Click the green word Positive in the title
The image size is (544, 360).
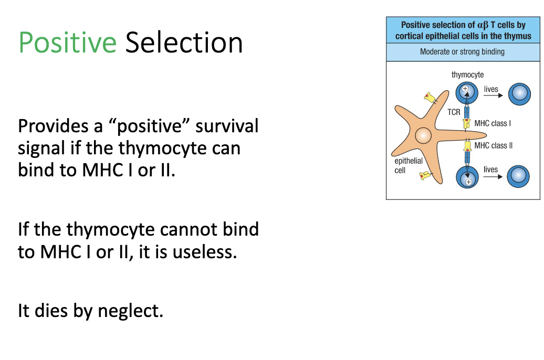tap(67, 43)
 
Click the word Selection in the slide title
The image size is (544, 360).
tap(184, 43)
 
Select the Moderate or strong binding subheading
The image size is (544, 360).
tap(462, 51)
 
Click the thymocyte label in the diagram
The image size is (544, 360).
tap(467, 75)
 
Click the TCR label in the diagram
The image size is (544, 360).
tap(454, 112)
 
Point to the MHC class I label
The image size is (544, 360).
tap(492, 123)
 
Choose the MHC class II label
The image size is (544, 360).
tap(493, 145)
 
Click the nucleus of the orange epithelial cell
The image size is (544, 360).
tap(423, 136)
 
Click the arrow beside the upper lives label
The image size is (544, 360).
tap(493, 96)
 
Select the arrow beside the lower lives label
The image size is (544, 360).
tap(493, 177)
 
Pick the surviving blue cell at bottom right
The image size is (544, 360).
tap(518, 176)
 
